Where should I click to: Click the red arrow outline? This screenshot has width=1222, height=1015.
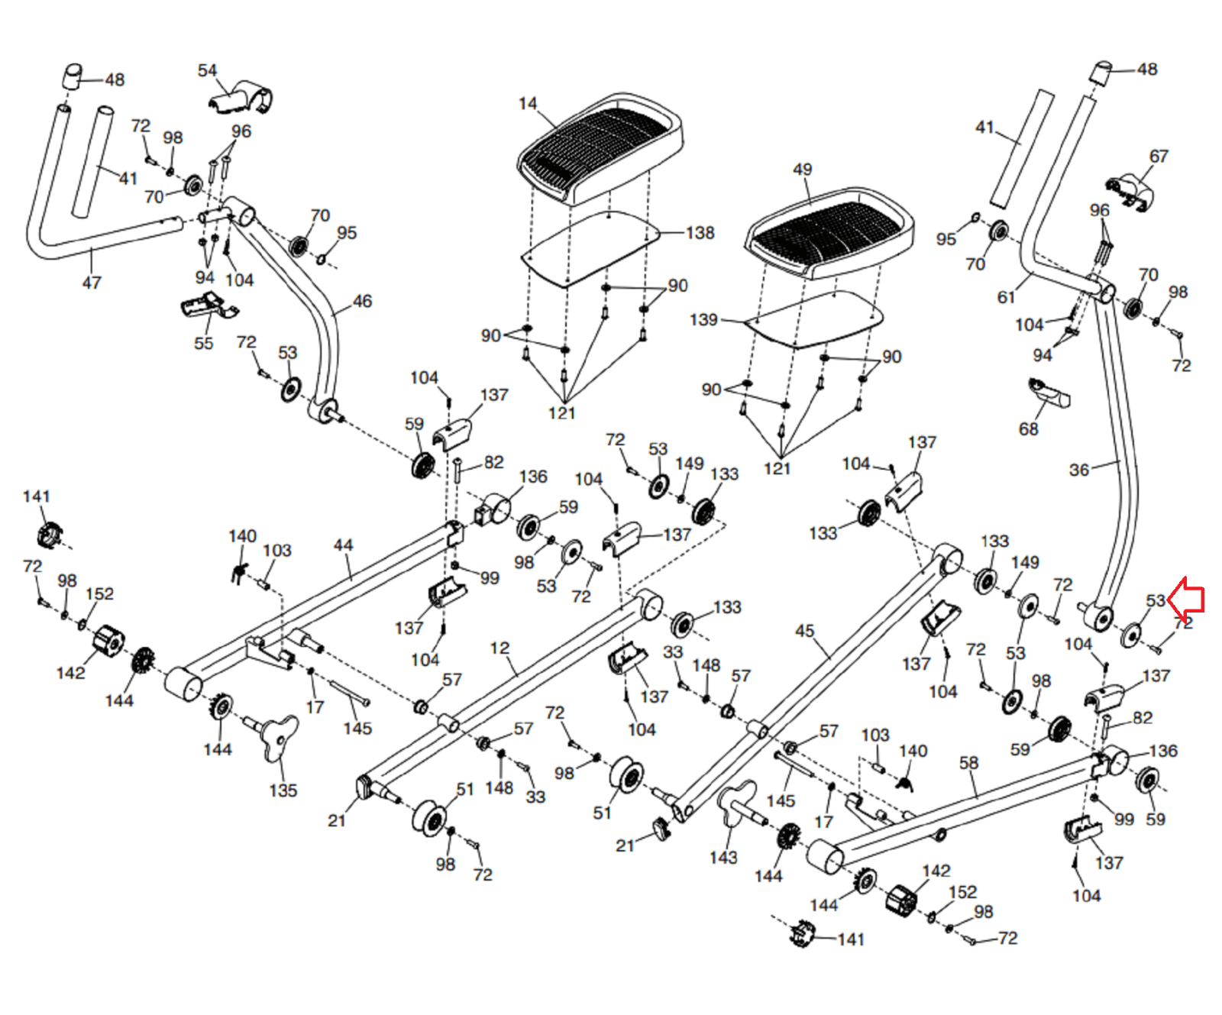(x=1186, y=600)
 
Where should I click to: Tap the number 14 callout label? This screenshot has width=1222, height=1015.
(x=528, y=104)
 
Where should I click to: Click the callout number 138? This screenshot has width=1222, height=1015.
(x=700, y=233)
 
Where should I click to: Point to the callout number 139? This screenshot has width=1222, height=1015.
(x=703, y=319)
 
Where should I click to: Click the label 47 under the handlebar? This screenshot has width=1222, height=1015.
(x=92, y=283)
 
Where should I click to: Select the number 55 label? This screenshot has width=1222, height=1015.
(x=203, y=343)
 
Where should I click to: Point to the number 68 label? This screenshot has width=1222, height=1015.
(x=1029, y=429)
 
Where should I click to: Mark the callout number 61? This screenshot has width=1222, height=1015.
(x=1007, y=297)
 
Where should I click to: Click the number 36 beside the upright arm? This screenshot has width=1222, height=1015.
(x=1078, y=470)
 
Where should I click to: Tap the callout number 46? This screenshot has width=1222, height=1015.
(x=362, y=302)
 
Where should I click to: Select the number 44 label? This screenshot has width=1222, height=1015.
(x=343, y=545)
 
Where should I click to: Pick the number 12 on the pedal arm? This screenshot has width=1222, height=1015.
(x=499, y=648)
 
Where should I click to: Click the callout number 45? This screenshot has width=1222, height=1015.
(x=805, y=631)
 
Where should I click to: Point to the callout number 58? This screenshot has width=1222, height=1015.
(x=968, y=762)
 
